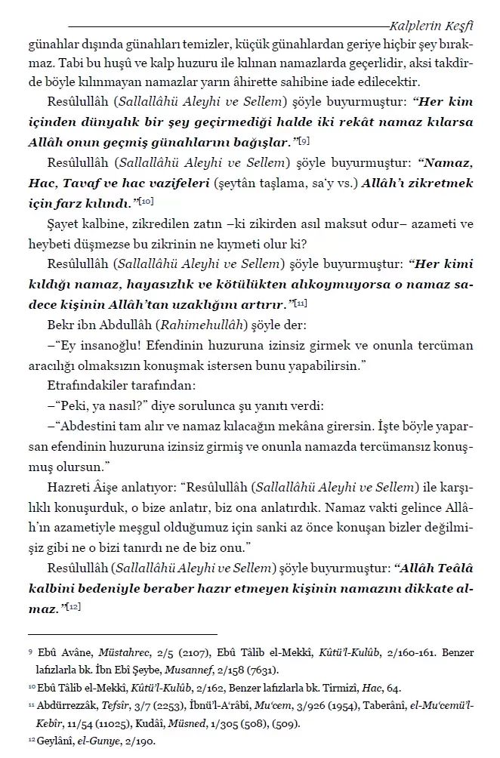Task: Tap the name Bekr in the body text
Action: click(x=61, y=325)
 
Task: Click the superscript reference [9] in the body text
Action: click(x=303, y=141)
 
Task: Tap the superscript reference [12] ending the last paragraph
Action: click(x=74, y=606)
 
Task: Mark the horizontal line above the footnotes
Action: click(x=122, y=634)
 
